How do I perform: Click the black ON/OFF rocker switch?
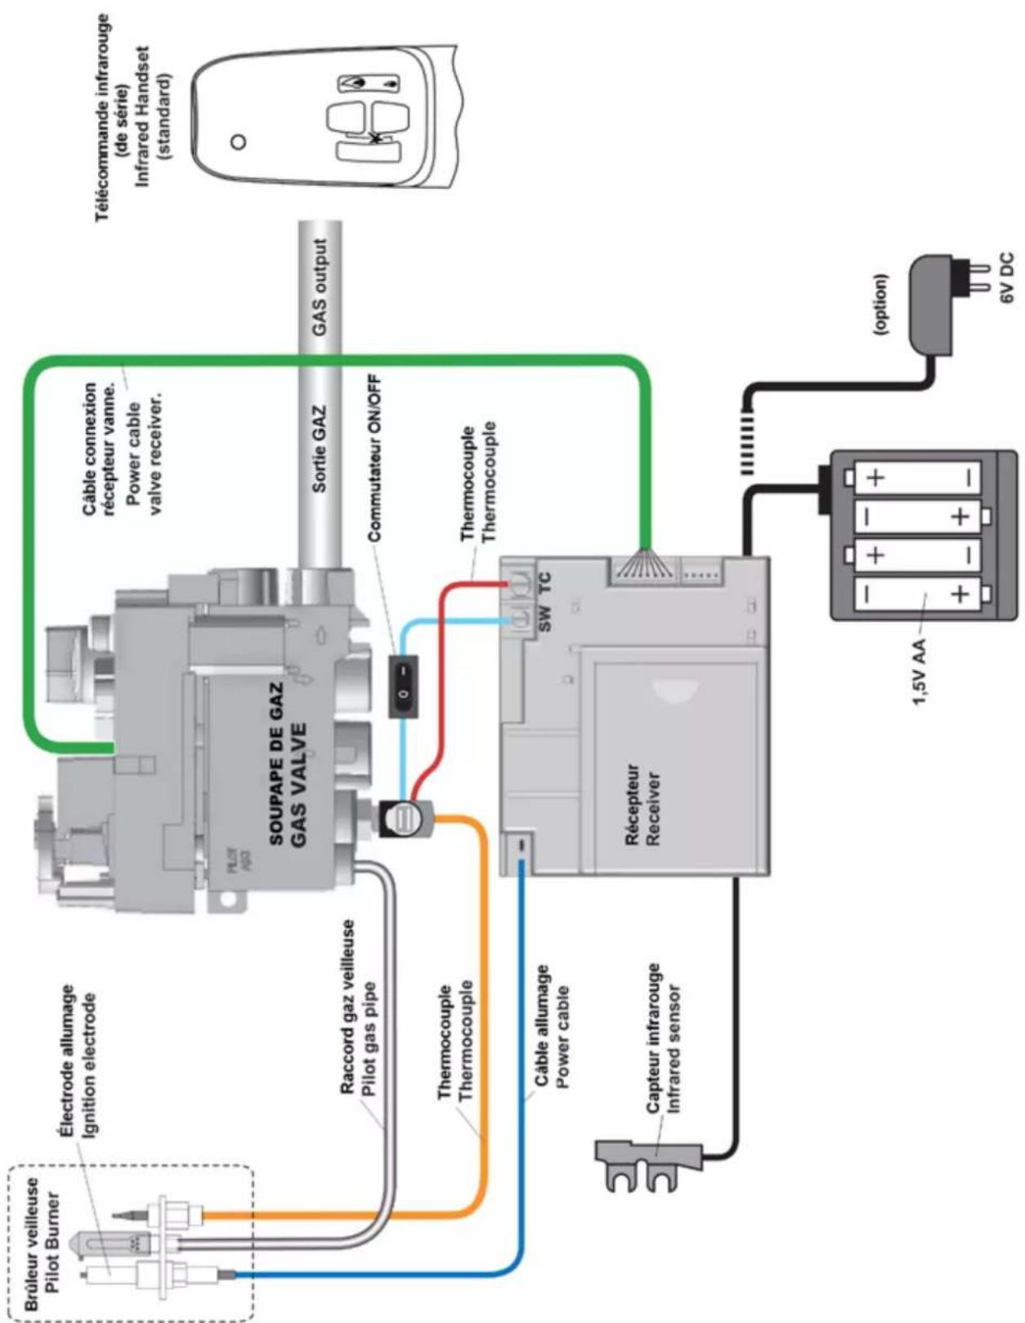(x=404, y=685)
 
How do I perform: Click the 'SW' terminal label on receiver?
(x=545, y=617)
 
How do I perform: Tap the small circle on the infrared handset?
(x=239, y=141)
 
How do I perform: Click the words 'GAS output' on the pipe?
(x=320, y=287)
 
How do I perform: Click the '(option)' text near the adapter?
(x=880, y=304)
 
